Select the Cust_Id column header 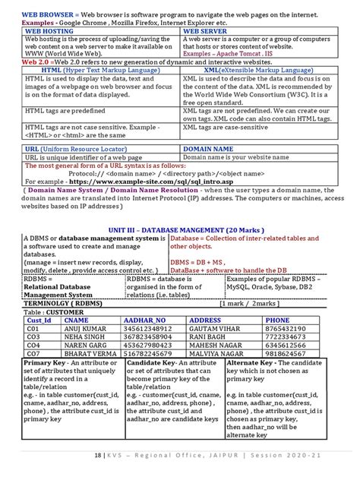tap(39, 321)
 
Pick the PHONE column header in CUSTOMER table tap(277, 321)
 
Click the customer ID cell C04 tap(33, 345)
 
